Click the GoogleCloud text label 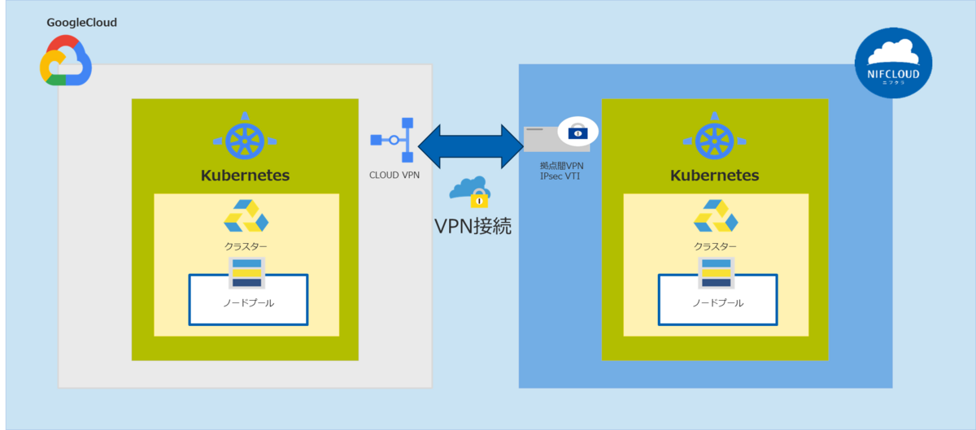coord(81,23)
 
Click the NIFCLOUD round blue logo coord(893,63)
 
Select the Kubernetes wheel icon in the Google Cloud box coord(245,140)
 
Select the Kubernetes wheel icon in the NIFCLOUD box coord(715,140)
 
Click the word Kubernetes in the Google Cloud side coord(245,176)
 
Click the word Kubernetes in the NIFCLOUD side coord(715,176)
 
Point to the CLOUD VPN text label coord(394,174)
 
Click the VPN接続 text coord(473,225)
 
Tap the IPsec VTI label coord(561,175)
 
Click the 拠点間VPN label coord(561,165)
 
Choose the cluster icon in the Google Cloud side coord(246,217)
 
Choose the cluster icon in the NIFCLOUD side coord(716,217)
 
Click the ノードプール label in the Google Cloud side coord(248,303)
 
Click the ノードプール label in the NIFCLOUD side coord(718,303)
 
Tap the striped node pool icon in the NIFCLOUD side coord(717,273)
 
